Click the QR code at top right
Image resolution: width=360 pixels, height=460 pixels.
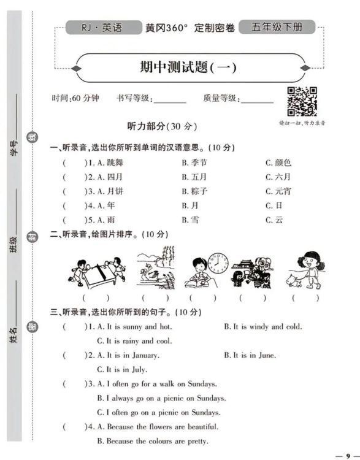302,102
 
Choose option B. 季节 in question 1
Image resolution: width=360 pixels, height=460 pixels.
194,163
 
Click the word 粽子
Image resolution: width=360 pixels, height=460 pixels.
199,191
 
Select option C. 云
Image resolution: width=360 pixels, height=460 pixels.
278,220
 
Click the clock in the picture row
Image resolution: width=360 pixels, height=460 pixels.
218,263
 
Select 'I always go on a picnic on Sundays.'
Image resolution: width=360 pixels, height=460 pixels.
161,398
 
